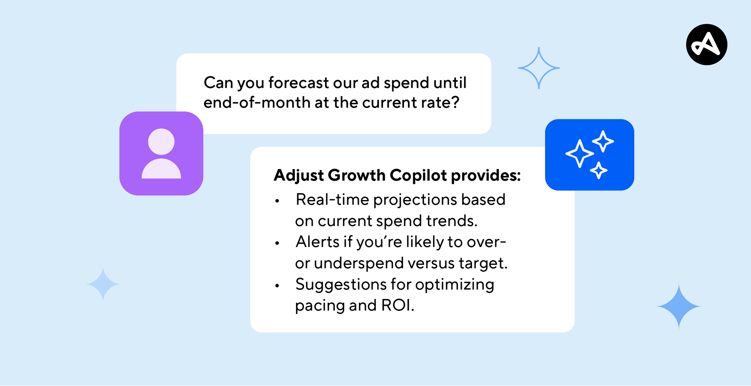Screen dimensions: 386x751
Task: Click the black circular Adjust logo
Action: coord(706,45)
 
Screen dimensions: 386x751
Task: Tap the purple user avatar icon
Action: coord(161,154)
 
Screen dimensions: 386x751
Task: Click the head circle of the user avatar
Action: coord(161,142)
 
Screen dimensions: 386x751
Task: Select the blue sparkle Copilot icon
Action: coord(590,155)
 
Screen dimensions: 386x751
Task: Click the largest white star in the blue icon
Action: coord(580,154)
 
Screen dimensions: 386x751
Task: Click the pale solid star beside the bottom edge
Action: coord(103,284)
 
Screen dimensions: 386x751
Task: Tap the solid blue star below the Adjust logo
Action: coord(679,306)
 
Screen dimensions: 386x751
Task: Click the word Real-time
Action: coord(332,200)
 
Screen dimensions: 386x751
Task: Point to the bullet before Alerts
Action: coord(277,243)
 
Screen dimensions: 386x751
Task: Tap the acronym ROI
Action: coord(397,305)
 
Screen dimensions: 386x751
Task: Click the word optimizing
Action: coord(455,285)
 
